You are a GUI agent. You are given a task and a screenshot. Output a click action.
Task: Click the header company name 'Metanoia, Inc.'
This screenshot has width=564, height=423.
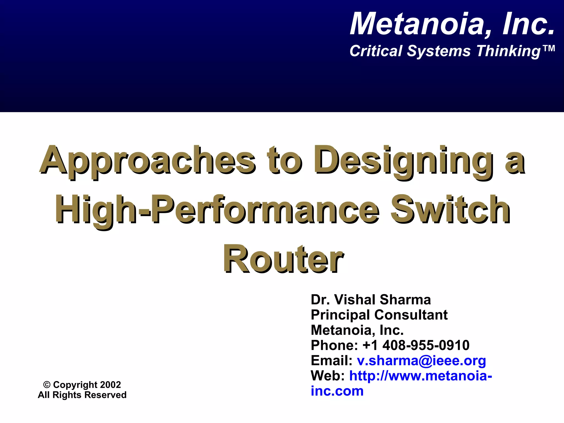click(x=452, y=24)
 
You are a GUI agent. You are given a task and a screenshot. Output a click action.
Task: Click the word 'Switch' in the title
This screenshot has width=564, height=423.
click(x=451, y=210)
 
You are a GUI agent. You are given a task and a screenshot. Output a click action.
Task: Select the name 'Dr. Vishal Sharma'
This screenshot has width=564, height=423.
click(x=371, y=300)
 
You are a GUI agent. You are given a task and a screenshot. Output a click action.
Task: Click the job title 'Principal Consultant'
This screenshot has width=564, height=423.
click(x=379, y=315)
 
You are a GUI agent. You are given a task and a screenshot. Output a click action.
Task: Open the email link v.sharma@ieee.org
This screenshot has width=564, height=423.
click(x=421, y=360)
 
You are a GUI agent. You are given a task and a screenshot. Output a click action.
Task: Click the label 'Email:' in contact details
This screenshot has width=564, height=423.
click(x=331, y=360)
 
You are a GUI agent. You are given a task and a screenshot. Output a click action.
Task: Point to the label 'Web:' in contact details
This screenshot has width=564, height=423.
click(x=327, y=376)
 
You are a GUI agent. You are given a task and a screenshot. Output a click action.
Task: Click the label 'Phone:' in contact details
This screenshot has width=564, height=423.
click(x=334, y=345)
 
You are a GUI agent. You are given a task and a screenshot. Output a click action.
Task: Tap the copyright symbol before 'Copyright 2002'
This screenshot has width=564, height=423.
click(x=47, y=385)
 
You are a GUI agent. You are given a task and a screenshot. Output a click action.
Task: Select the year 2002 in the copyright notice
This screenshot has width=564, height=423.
click(x=110, y=385)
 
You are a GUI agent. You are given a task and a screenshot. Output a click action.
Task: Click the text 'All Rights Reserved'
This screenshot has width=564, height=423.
click(x=82, y=395)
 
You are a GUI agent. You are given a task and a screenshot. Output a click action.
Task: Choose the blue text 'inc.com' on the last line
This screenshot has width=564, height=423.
click(x=337, y=391)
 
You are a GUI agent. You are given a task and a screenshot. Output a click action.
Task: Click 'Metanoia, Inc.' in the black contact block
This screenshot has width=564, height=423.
click(x=357, y=330)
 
